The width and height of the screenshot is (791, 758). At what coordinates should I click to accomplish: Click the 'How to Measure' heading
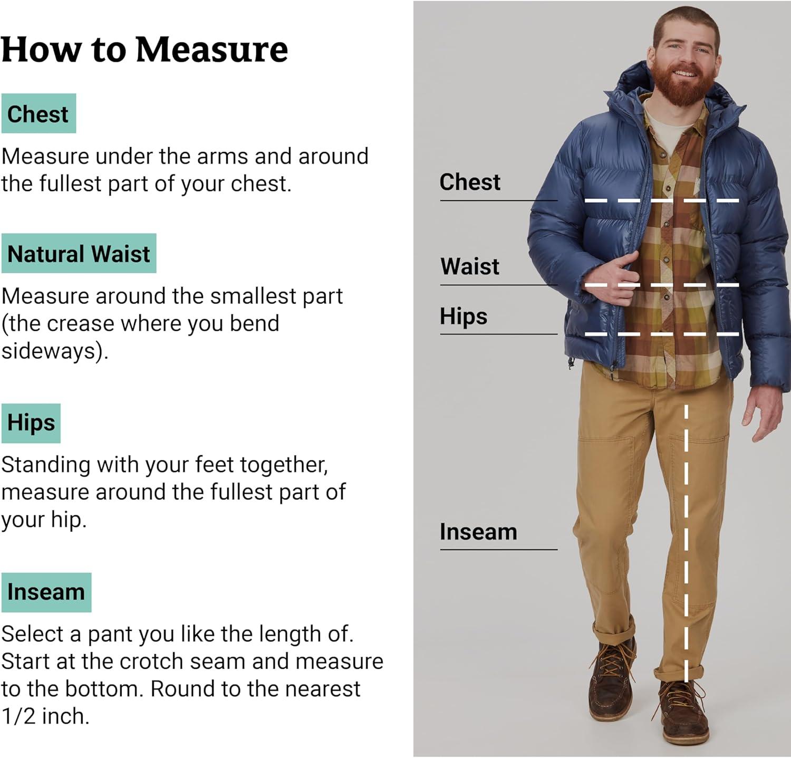(144, 50)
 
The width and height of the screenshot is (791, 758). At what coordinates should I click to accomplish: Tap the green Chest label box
(38, 113)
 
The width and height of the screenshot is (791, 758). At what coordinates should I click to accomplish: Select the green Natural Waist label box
(79, 253)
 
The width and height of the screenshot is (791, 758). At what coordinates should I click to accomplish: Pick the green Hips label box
(31, 423)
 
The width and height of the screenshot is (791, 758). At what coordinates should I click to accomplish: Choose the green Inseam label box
(46, 592)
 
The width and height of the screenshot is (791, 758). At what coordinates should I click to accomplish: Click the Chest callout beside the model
(470, 182)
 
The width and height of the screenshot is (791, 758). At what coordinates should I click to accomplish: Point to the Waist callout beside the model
(470, 266)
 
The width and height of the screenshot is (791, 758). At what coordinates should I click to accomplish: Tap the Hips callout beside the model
(464, 316)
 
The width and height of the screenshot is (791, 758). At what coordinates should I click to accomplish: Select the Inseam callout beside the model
(478, 532)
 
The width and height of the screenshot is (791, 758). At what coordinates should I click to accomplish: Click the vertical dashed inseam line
(686, 543)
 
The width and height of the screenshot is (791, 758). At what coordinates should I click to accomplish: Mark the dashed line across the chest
(662, 200)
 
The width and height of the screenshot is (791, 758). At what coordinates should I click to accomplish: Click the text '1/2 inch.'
(45, 716)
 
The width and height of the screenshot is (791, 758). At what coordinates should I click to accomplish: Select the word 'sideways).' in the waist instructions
(55, 351)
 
